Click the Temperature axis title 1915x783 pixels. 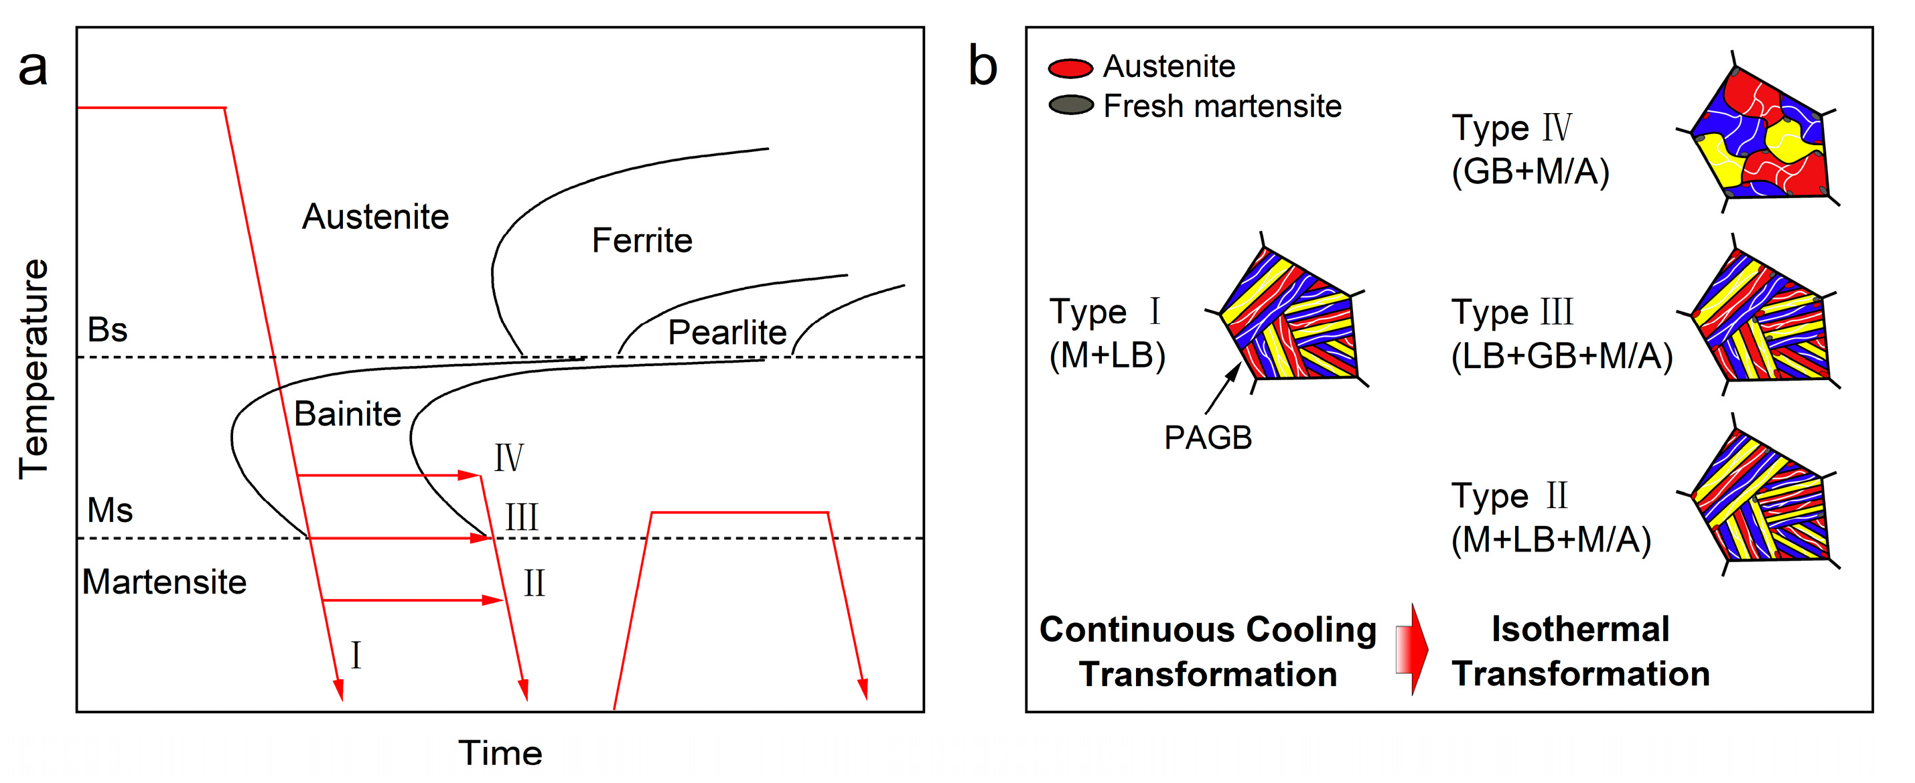(33, 369)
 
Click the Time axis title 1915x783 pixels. (500, 752)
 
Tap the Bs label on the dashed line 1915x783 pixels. (107, 330)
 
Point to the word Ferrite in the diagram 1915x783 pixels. (642, 241)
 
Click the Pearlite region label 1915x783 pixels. (726, 332)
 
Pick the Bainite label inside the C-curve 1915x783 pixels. (347, 414)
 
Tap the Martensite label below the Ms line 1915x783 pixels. (164, 582)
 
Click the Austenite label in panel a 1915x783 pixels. (375, 217)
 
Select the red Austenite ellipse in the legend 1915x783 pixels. (1070, 68)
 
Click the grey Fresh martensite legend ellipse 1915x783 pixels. (1070, 106)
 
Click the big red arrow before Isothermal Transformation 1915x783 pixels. (1412, 649)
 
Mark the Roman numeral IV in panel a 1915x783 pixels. (509, 458)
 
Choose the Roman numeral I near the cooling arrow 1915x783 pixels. (356, 656)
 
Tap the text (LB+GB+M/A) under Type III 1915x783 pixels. (1562, 356)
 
